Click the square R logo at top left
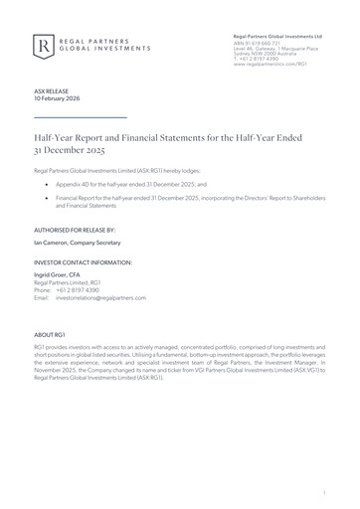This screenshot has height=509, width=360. tap(44, 45)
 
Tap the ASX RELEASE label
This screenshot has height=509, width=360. tap(50, 90)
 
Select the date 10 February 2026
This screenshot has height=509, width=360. tap(59, 98)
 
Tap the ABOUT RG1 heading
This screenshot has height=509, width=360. tap(51, 336)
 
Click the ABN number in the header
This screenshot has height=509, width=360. tap(260, 43)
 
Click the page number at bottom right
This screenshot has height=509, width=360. tap(325, 491)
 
